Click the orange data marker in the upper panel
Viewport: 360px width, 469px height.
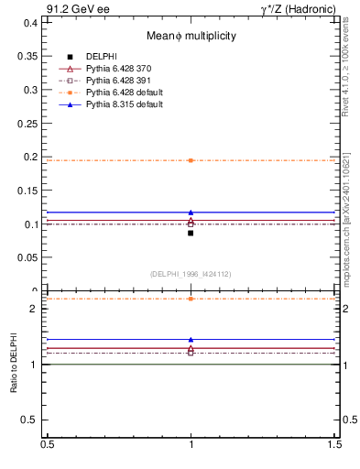coord(191,160)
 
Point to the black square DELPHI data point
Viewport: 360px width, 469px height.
coord(191,233)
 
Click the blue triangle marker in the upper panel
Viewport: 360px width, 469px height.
coord(191,213)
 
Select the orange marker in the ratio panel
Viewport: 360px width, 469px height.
coord(191,299)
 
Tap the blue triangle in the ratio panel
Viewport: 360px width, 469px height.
coord(191,339)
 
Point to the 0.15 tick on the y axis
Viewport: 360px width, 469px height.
coord(30,191)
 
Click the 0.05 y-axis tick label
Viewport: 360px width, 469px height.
coord(30,257)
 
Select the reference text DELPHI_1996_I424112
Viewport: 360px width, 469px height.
coord(191,273)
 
